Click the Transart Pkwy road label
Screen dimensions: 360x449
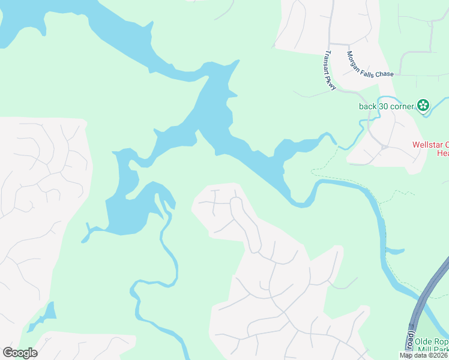point(330,71)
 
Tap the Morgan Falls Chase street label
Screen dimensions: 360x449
point(370,64)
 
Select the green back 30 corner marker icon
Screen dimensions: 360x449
point(423,106)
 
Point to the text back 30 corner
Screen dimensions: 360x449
point(387,107)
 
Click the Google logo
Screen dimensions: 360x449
point(20,353)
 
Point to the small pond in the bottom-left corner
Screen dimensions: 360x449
point(44,315)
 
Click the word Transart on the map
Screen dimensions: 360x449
point(328,62)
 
